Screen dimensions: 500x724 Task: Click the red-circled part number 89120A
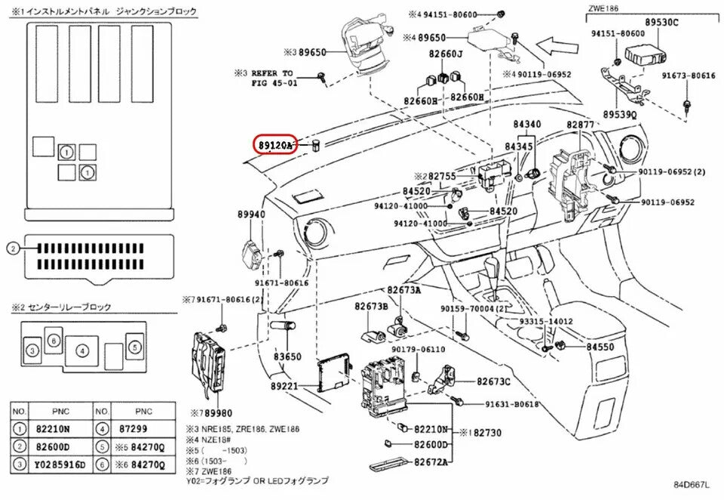tap(275, 144)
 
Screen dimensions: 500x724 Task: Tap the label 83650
tap(287, 356)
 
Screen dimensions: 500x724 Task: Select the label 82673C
tap(493, 382)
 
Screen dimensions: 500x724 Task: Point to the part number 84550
tap(601, 346)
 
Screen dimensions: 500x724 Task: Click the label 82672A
tap(431, 461)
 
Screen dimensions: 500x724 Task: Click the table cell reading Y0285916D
tap(61, 462)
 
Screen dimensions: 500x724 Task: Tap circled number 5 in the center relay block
tap(133, 347)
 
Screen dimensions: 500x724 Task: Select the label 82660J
tap(446, 54)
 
